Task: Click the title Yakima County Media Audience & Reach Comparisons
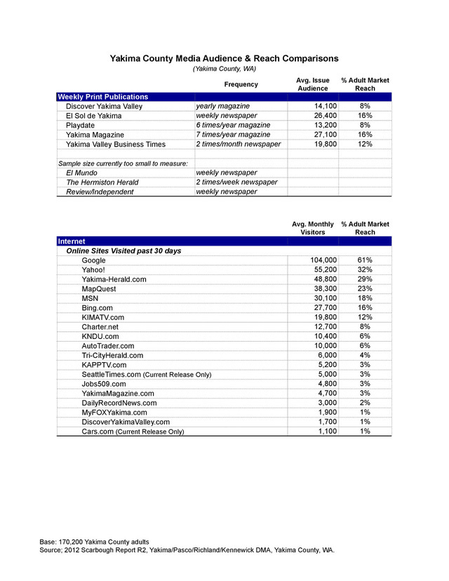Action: point(224,58)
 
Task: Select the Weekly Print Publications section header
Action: point(102,97)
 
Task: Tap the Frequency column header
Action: point(241,85)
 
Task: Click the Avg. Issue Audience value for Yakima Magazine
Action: point(323,134)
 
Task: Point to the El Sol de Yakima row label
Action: point(95,116)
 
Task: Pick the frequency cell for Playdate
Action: point(233,125)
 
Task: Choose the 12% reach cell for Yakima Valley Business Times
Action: point(365,144)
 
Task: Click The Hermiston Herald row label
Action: point(102,182)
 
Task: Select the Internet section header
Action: point(72,241)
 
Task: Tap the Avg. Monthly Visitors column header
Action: point(312,227)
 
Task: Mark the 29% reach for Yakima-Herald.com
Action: point(365,279)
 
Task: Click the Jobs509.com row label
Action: point(104,384)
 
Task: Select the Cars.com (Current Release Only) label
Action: point(133,432)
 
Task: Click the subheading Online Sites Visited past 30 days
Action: point(123,251)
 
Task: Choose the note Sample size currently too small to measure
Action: point(123,163)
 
